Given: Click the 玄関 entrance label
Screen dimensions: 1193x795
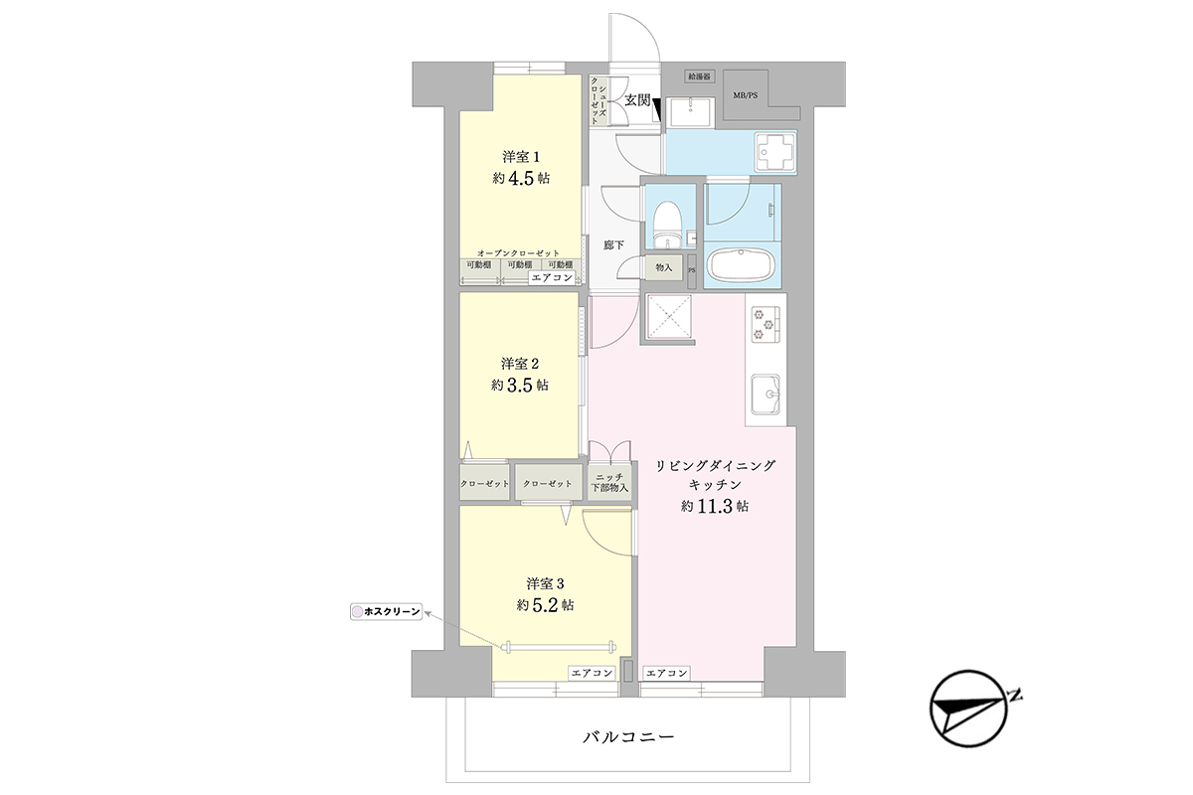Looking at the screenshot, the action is [637, 100].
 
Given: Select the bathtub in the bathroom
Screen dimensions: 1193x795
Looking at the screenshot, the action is [741, 266].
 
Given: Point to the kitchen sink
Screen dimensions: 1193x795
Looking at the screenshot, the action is [766, 395].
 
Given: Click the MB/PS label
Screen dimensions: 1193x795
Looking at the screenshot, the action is [745, 95].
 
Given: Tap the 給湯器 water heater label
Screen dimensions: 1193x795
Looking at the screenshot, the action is [699, 77].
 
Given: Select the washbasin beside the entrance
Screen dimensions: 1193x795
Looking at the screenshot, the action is [690, 112].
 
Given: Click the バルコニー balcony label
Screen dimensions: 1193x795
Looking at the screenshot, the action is [628, 737].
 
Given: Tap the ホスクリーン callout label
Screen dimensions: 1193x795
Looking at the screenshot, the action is [386, 612].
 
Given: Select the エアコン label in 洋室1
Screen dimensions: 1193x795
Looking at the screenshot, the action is [553, 277].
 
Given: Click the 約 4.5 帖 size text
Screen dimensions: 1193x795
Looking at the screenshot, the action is [521, 178].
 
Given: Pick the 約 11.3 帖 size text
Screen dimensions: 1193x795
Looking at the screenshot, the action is [715, 506].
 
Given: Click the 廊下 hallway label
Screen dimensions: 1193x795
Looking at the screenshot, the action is [613, 244].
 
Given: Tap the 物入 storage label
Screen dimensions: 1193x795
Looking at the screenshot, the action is [664, 267].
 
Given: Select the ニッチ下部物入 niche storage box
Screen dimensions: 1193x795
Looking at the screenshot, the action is [609, 482].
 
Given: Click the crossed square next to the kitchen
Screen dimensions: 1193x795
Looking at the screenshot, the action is [669, 316].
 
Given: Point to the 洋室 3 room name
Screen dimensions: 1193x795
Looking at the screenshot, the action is [546, 583].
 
